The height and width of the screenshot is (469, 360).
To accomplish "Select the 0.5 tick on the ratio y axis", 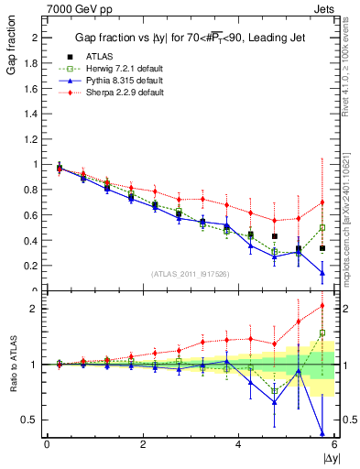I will [x=30, y=420].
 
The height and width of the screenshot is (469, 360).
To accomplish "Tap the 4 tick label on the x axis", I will [x=239, y=443].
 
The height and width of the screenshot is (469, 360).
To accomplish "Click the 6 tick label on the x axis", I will [x=334, y=443].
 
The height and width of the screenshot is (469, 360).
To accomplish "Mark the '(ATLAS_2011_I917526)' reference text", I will [x=190, y=274].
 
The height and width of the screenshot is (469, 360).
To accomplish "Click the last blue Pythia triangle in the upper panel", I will [x=322, y=272].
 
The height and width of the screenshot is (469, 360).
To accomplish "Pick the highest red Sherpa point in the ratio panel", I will [x=322, y=306].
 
